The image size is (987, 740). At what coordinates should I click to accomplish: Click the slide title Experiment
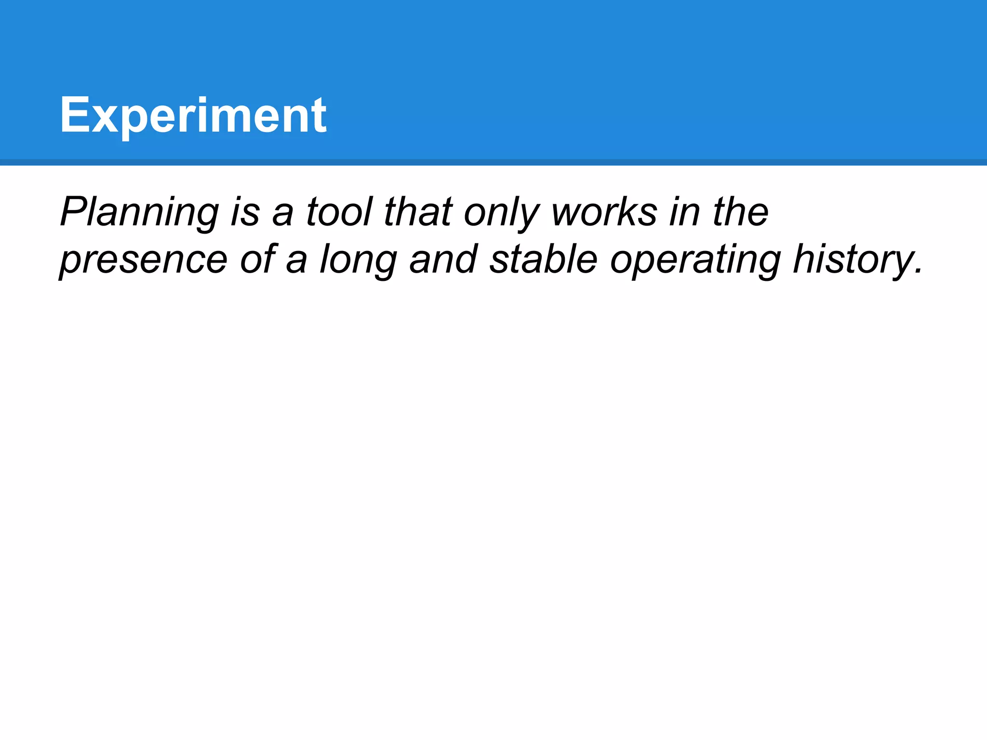(193, 116)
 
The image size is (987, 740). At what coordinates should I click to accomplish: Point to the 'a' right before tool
(283, 214)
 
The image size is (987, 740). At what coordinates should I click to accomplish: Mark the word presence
(144, 260)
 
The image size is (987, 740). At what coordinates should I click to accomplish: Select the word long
(359, 260)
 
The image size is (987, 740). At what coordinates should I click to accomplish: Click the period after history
(917, 271)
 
